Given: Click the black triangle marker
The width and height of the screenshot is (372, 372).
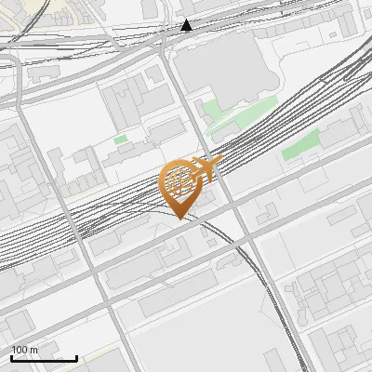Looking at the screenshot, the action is click(187, 25).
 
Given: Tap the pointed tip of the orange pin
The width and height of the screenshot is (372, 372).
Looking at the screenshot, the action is click(179, 217).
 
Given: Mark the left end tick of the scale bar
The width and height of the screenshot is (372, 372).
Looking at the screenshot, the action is click(11, 357).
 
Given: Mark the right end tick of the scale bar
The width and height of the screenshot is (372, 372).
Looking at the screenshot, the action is click(77, 357).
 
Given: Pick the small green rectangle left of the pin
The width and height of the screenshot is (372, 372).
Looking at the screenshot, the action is click(121, 139).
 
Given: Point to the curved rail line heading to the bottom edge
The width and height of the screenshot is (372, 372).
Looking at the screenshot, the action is click(279, 307).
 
